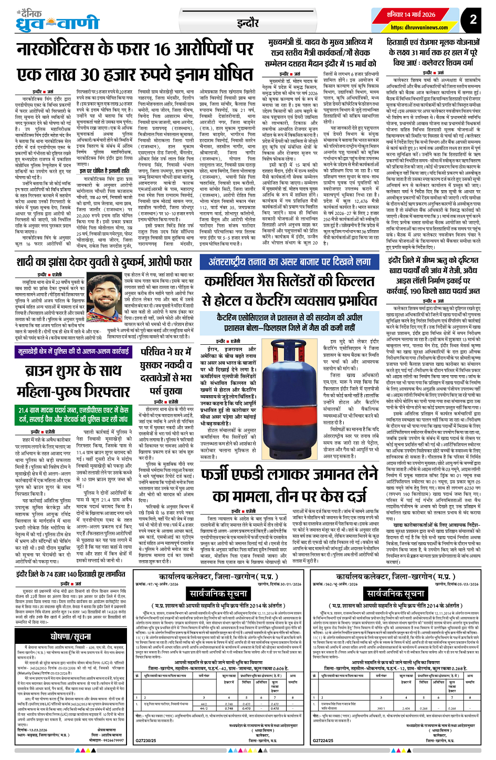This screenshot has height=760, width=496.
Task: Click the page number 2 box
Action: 473,20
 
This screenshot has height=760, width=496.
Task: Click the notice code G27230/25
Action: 146,740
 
